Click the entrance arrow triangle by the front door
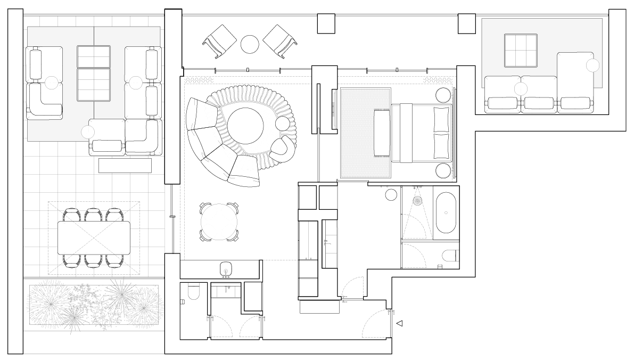(x=400, y=323)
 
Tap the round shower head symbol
(x=417, y=201)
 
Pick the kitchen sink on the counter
(x=225, y=268)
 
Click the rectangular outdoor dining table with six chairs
(x=94, y=238)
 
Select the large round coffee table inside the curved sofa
(x=245, y=126)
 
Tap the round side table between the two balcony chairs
(x=250, y=44)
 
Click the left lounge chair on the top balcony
(x=219, y=40)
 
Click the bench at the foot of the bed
(x=382, y=133)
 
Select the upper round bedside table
(x=443, y=95)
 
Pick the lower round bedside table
(x=443, y=171)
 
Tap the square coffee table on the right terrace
(x=520, y=50)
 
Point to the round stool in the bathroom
(x=391, y=194)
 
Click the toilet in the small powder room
(x=193, y=292)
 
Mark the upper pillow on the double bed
(x=442, y=119)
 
